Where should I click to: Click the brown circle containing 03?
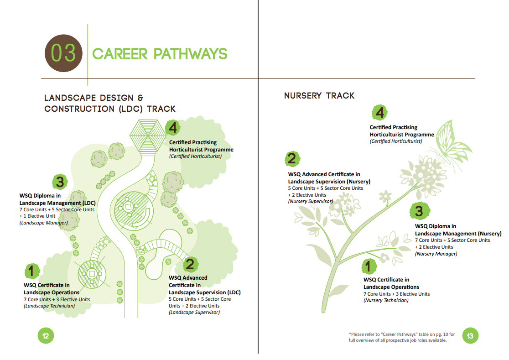click(63, 53)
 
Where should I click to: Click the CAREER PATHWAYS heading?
click(160, 54)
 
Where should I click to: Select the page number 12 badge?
click(46, 336)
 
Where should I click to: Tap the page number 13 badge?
click(470, 336)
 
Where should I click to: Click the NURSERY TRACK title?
click(319, 95)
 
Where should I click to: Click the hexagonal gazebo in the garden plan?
click(148, 136)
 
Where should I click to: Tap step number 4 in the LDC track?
click(173, 128)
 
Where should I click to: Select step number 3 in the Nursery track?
click(420, 211)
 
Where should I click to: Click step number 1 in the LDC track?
click(32, 271)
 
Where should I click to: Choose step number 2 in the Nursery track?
click(292, 159)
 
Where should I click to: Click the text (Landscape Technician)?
click(49, 306)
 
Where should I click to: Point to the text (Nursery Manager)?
click(436, 254)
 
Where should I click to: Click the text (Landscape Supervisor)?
click(194, 312)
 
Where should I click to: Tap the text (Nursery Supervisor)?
click(310, 201)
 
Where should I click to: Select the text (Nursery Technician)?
click(386, 300)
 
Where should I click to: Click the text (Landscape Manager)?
click(43, 223)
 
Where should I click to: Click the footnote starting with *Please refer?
click(401, 337)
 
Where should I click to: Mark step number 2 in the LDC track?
click(190, 264)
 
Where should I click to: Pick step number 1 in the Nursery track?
click(369, 266)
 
